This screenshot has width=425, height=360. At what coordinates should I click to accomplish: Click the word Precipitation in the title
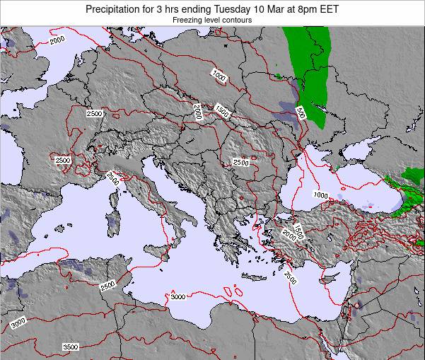click(x=117, y=9)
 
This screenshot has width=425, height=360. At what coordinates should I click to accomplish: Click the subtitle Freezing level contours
click(x=212, y=21)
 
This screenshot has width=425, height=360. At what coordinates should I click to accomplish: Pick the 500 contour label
click(x=301, y=113)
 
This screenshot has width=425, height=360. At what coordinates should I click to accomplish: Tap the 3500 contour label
click(x=71, y=347)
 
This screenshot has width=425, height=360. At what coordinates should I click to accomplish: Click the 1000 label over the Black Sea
click(x=320, y=195)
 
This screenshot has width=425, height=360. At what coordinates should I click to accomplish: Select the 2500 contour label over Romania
click(x=240, y=162)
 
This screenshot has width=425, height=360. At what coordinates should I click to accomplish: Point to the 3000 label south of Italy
click(x=177, y=296)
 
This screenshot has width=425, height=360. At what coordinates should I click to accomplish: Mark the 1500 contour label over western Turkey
click(x=298, y=231)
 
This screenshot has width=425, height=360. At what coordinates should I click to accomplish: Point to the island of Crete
click(x=253, y=277)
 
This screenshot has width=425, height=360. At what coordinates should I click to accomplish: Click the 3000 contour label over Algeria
click(x=19, y=323)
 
